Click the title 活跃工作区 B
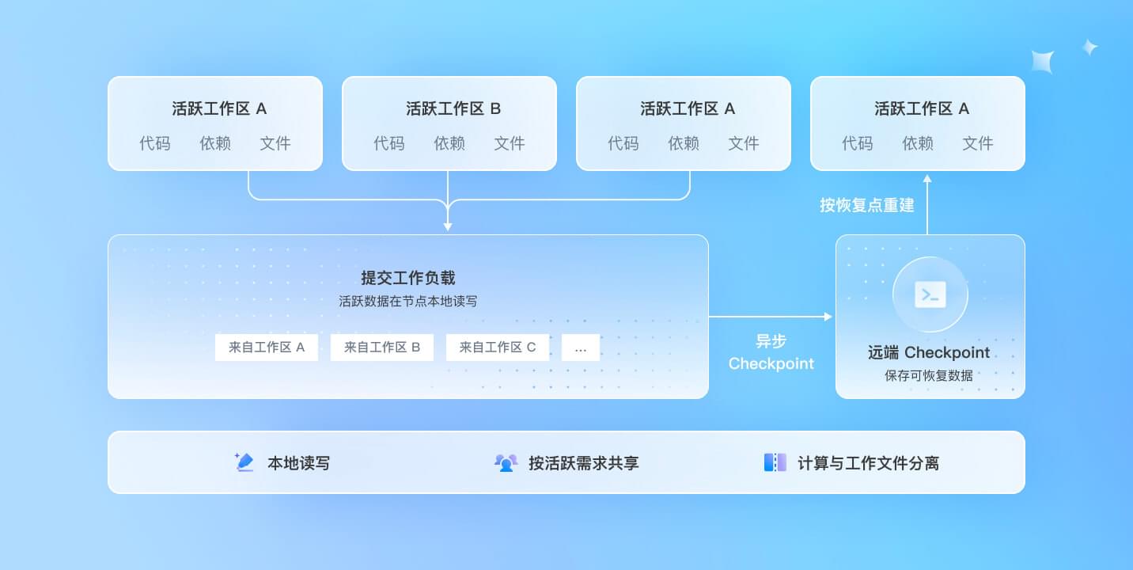(x=453, y=108)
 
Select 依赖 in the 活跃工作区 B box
(x=449, y=143)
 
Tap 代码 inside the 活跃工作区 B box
(x=389, y=143)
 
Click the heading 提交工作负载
(x=407, y=277)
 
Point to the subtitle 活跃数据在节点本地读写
(x=407, y=301)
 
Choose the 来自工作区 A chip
(x=267, y=348)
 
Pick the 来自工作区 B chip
(x=382, y=348)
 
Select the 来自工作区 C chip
(x=497, y=348)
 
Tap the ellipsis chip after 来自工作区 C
(x=581, y=348)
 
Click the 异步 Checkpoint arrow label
(x=771, y=352)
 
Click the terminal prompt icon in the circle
(x=930, y=294)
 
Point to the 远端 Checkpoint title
(x=929, y=352)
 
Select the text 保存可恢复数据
(x=929, y=375)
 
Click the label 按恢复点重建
(x=867, y=205)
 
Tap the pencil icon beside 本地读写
(x=244, y=462)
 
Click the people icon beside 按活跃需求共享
(x=506, y=462)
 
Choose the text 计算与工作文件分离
(x=869, y=462)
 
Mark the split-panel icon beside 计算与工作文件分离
(x=775, y=462)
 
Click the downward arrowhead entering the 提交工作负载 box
(x=448, y=227)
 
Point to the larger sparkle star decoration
(x=1043, y=62)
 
